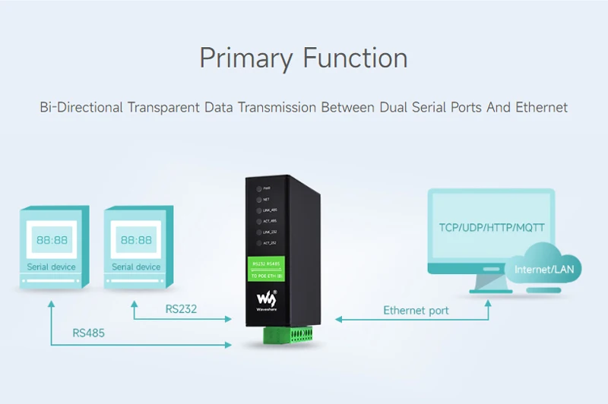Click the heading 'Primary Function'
[x=303, y=58]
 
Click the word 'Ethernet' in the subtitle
[x=541, y=107]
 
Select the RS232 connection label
[x=181, y=308]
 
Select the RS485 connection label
[x=88, y=333]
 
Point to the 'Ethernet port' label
[x=416, y=310]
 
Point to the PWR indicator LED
[x=259, y=188]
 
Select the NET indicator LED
[x=259, y=198]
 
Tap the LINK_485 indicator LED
[x=259, y=210]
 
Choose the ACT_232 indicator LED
[x=259, y=242]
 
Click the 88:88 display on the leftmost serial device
[x=51, y=241]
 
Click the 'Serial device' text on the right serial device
[x=136, y=267]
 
